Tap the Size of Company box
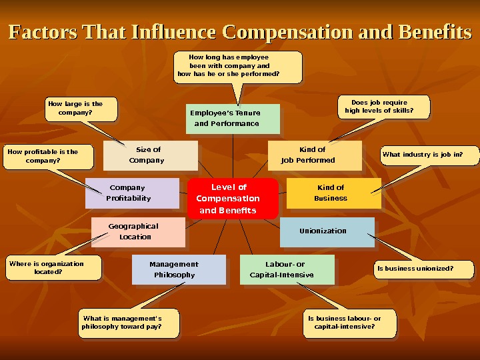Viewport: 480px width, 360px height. tap(151, 155)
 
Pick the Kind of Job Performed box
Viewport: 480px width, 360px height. tap(314, 155)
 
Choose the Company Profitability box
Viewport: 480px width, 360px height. tap(132, 193)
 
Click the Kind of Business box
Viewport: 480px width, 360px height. tap(333, 193)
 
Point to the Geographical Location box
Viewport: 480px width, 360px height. tap(138, 231)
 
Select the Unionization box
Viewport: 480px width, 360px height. tap(327, 231)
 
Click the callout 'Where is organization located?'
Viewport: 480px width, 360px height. tap(53, 267)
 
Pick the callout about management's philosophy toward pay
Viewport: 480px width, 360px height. tap(129, 323)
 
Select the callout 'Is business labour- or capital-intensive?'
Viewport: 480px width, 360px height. tap(349, 323)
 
